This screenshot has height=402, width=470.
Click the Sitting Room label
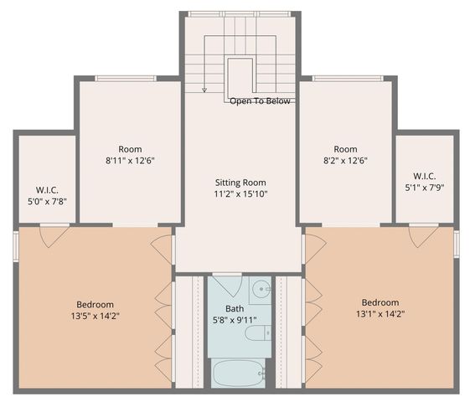pyautogui.click(x=240, y=182)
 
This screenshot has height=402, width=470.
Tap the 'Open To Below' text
pyautogui.click(x=261, y=101)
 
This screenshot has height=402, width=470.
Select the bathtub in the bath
pyautogui.click(x=238, y=373)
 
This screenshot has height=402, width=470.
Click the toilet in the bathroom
pyautogui.click(x=256, y=333)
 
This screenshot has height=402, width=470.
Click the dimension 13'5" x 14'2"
pyautogui.click(x=95, y=317)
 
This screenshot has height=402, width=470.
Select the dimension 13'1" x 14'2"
pyautogui.click(x=380, y=315)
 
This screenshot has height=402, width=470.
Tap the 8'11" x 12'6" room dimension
pyautogui.click(x=129, y=161)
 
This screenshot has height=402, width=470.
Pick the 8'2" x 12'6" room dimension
pyautogui.click(x=345, y=161)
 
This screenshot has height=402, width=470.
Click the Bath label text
pyautogui.click(x=234, y=308)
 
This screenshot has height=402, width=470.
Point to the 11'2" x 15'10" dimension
pyautogui.click(x=240, y=194)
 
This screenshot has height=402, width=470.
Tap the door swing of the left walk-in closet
pyautogui.click(x=54, y=235)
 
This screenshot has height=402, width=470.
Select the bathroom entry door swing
pyautogui.click(x=225, y=285)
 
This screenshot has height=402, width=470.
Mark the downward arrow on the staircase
pyautogui.click(x=204, y=87)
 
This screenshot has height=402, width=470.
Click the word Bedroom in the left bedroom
pyautogui.click(x=95, y=304)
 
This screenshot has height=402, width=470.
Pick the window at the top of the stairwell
pyautogui.click(x=240, y=14)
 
